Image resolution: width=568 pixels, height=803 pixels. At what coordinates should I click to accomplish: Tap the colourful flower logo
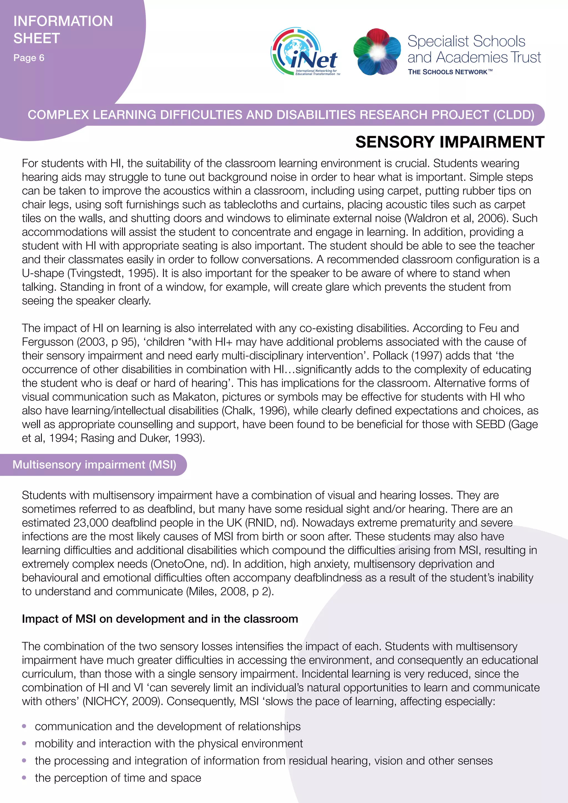(377, 52)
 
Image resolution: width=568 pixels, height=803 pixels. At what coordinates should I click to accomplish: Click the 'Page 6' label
(29, 58)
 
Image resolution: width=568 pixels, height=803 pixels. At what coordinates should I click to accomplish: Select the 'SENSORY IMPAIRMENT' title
(450, 142)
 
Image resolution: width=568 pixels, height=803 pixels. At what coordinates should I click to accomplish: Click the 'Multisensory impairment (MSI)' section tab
(94, 464)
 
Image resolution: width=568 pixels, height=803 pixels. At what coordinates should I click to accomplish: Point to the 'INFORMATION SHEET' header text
(63, 29)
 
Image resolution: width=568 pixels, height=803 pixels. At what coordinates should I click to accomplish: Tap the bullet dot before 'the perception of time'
(24, 778)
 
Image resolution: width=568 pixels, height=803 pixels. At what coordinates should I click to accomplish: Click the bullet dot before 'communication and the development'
(24, 726)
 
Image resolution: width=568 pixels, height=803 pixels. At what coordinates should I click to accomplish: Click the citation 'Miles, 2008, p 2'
(230, 591)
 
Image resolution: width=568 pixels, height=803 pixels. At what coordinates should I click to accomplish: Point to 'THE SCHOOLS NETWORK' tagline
(450, 72)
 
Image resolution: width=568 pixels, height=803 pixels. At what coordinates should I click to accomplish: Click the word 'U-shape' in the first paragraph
(43, 273)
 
